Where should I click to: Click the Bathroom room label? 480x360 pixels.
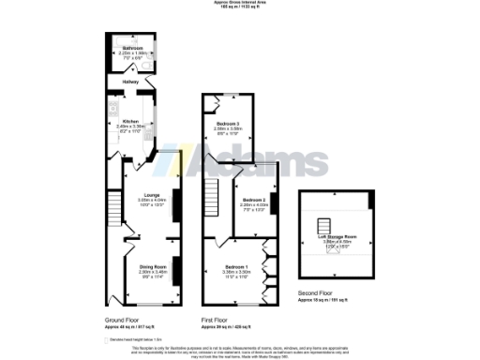(131, 48)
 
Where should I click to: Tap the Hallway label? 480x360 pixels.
(130, 82)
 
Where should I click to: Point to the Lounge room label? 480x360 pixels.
(150, 195)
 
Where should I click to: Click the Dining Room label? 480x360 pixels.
(154, 266)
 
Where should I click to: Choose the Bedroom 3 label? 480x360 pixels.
(222, 123)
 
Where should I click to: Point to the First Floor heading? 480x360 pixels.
(216, 320)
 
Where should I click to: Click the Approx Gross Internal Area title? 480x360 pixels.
(240, 3)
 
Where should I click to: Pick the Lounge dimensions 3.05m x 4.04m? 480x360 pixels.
(150, 201)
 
